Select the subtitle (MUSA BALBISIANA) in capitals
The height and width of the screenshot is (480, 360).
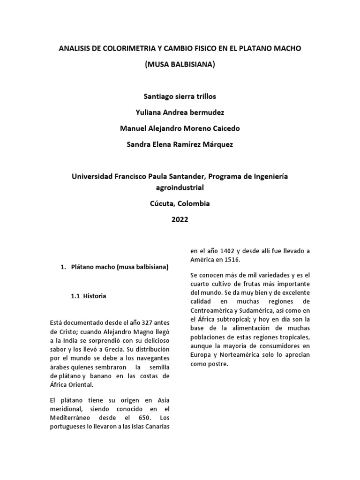(x=180, y=64)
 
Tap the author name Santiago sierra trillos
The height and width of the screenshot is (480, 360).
(x=180, y=96)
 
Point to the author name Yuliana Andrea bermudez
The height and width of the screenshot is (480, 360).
(x=180, y=112)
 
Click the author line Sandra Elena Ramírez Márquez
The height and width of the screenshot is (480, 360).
(x=180, y=144)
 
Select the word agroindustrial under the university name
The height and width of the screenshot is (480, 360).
(x=180, y=187)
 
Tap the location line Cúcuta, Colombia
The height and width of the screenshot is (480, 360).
(x=180, y=203)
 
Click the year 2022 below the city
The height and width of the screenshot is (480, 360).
(x=180, y=219)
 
